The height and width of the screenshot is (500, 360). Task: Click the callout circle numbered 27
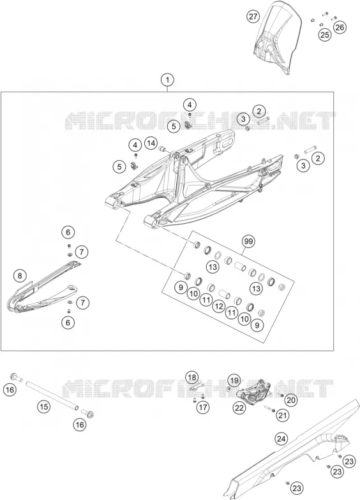pyautogui.click(x=253, y=17)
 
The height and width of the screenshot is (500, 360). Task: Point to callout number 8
pyautogui.click(x=20, y=276)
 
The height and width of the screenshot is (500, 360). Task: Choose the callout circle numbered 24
pyautogui.click(x=281, y=439)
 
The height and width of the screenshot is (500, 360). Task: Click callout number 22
pyautogui.click(x=240, y=408)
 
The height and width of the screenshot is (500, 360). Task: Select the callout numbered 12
pyautogui.click(x=219, y=306)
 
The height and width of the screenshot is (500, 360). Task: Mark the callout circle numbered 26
pyautogui.click(x=340, y=27)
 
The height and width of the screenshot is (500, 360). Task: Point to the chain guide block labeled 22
pyautogui.click(x=254, y=390)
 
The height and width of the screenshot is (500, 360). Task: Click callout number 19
pyautogui.click(x=235, y=380)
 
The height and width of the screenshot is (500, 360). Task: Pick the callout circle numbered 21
pyautogui.click(x=283, y=415)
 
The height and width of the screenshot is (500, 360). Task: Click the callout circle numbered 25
pyautogui.click(x=324, y=34)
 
